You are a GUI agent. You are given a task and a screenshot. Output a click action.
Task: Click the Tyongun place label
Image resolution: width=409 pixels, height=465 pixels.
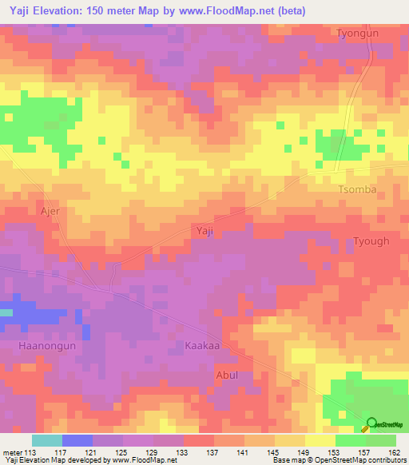pos(356,34)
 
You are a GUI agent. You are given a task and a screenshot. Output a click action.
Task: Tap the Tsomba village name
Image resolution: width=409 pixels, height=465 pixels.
pos(357,189)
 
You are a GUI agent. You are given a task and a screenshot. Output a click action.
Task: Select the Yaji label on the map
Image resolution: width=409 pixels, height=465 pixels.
pos(204,230)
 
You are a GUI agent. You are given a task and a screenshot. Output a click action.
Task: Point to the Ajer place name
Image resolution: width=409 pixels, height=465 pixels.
pos(50,212)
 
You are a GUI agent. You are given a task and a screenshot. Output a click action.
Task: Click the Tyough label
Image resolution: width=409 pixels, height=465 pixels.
pos(371,241)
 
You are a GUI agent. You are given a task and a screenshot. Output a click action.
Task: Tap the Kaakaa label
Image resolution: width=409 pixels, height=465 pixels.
pos(201,347)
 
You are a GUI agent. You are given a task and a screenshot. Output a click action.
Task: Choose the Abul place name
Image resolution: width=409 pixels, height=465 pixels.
pos(227,374)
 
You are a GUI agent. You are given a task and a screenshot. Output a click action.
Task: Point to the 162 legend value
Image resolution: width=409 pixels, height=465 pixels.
pos(394,452)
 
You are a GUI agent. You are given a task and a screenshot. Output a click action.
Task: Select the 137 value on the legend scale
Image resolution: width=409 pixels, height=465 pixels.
pos(213,452)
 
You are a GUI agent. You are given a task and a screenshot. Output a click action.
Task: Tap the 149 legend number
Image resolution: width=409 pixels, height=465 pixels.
pos(304,452)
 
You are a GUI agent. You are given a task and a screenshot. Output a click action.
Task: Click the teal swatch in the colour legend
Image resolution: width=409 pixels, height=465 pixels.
pos(46,440)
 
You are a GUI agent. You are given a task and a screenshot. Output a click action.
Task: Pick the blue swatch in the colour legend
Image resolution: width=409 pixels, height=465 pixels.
pos(77,440)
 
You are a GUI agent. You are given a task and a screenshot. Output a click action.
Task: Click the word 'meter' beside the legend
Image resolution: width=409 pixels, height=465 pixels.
pos(13,452)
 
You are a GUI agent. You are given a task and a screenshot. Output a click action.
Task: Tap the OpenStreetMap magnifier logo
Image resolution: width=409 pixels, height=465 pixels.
pos(371,424)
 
